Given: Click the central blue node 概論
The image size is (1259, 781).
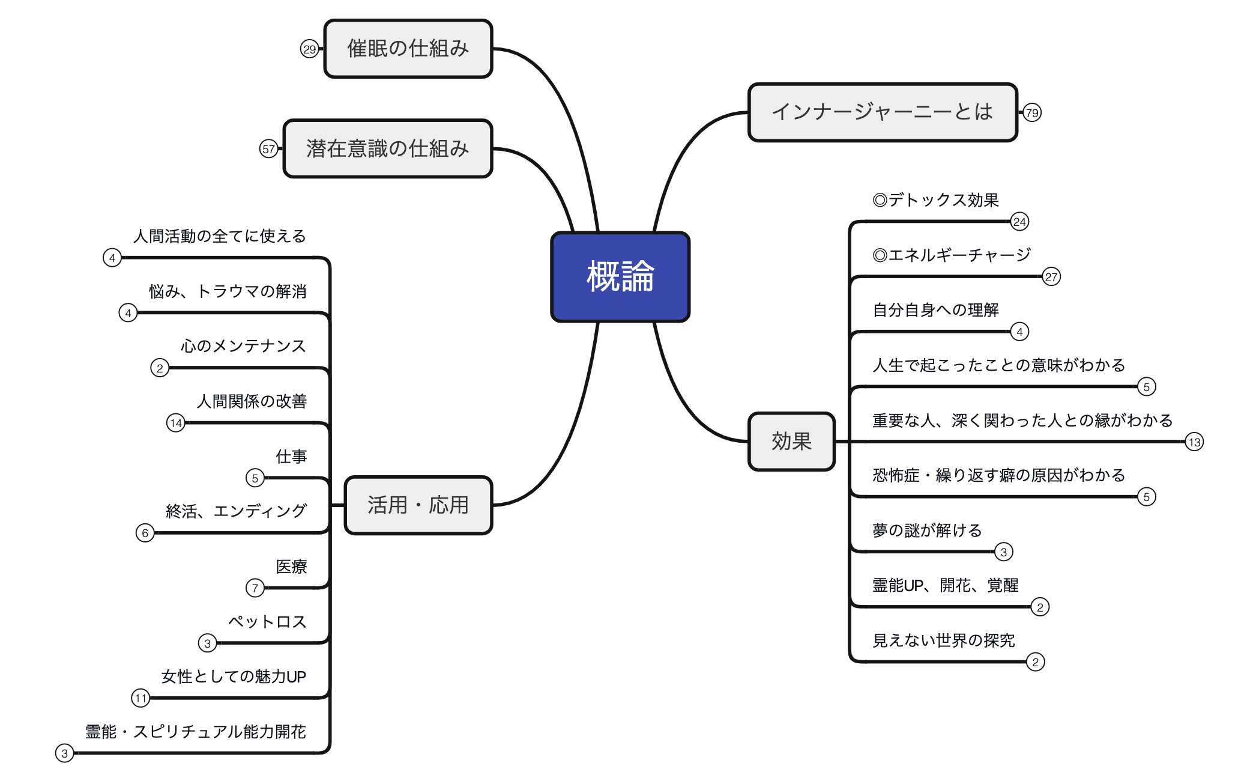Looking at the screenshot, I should pyautogui.click(x=620, y=276).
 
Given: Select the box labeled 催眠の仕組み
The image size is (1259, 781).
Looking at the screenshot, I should pyautogui.click(x=408, y=49).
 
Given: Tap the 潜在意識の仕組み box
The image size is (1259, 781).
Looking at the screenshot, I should pyautogui.click(x=388, y=148).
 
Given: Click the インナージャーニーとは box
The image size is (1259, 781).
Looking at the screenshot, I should pyautogui.click(x=882, y=112).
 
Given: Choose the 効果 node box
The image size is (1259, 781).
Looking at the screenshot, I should pyautogui.click(x=791, y=442).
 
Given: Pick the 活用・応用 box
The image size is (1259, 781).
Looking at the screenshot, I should pyautogui.click(x=418, y=505).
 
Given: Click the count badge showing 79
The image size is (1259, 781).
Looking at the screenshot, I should pyautogui.click(x=1032, y=112).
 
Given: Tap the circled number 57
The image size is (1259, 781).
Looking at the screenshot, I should pyautogui.click(x=268, y=149).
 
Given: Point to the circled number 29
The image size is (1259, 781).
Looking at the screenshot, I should pyautogui.click(x=309, y=49).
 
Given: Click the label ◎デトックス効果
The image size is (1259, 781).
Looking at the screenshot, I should pyautogui.click(x=935, y=200).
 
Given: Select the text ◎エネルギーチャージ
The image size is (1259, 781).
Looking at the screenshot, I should pyautogui.click(x=952, y=255).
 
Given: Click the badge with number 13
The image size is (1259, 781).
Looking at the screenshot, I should pyautogui.click(x=1194, y=442).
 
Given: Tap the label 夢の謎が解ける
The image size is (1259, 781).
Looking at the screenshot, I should pyautogui.click(x=927, y=530).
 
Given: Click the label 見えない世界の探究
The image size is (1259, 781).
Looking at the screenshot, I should pyautogui.click(x=943, y=641).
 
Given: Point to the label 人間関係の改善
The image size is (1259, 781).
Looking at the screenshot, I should pyautogui.click(x=252, y=401).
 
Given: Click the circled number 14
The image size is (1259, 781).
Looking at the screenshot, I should pyautogui.click(x=176, y=423).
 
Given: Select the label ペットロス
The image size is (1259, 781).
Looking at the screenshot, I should pyautogui.click(x=267, y=622).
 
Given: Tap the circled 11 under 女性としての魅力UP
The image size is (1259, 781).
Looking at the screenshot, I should pyautogui.click(x=140, y=698).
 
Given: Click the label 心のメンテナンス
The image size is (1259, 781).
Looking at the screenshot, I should pyautogui.click(x=243, y=346).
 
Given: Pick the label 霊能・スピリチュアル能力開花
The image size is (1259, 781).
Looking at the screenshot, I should pyautogui.click(x=196, y=732).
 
